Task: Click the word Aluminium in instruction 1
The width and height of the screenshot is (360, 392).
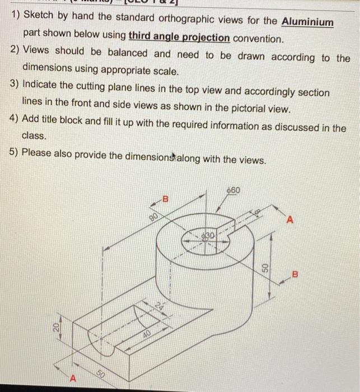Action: point(307,22)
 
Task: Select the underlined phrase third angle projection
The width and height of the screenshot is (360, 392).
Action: point(179,38)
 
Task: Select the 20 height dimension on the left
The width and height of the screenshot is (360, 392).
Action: point(57,329)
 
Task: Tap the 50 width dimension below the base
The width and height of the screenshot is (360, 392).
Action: point(101,373)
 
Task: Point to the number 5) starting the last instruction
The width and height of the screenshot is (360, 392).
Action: point(16,155)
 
